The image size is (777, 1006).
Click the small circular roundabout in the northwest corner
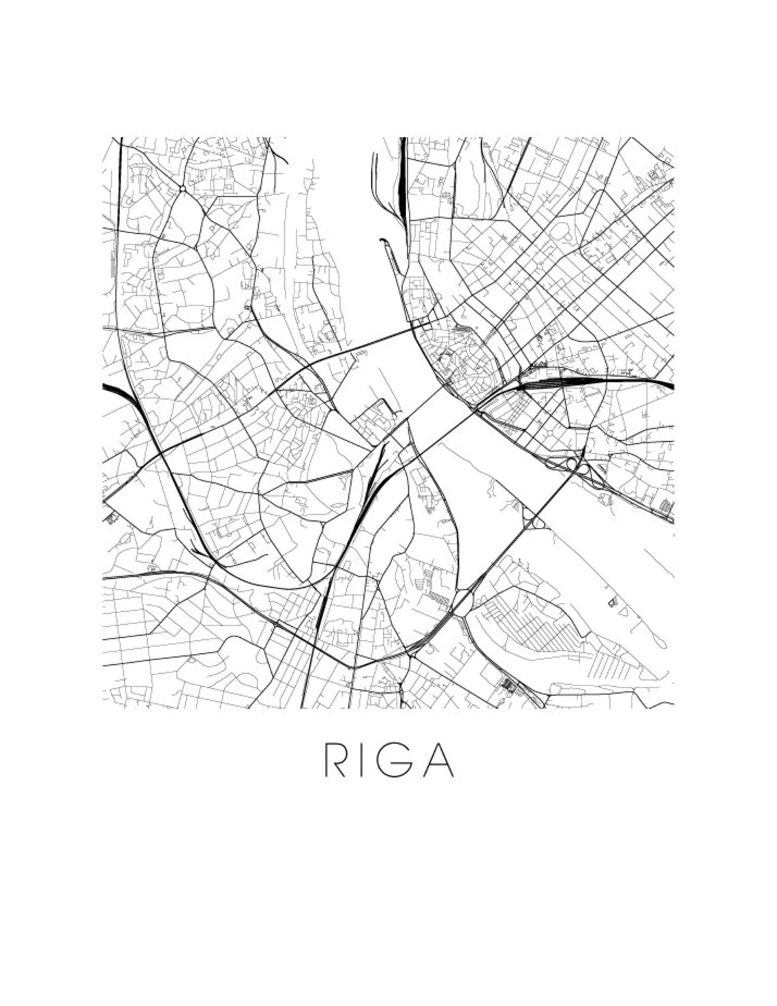[182, 188]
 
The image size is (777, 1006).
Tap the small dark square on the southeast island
[611, 602]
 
